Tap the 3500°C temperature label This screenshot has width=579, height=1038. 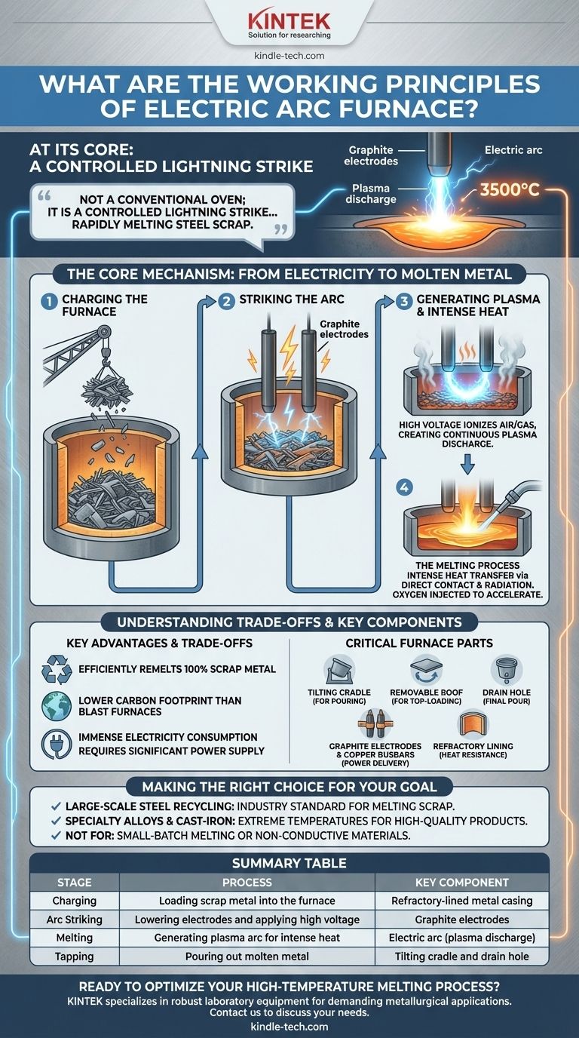510,190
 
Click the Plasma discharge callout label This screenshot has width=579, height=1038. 371,194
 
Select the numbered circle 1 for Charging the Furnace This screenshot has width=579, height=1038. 48,302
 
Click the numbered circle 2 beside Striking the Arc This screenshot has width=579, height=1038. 226,302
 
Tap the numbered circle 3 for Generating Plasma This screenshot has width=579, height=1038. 404,302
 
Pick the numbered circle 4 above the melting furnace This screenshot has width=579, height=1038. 405,487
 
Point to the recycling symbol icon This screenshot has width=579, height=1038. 57,669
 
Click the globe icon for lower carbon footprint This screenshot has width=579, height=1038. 57,706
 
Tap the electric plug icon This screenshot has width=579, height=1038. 57,744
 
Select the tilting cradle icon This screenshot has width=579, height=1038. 339,670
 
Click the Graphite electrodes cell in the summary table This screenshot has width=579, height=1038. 462,920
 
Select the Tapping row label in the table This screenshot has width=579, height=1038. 74,956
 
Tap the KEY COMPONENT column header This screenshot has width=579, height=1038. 462,883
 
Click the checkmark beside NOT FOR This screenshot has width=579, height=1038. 56,836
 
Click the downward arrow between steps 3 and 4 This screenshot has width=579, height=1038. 468,463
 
